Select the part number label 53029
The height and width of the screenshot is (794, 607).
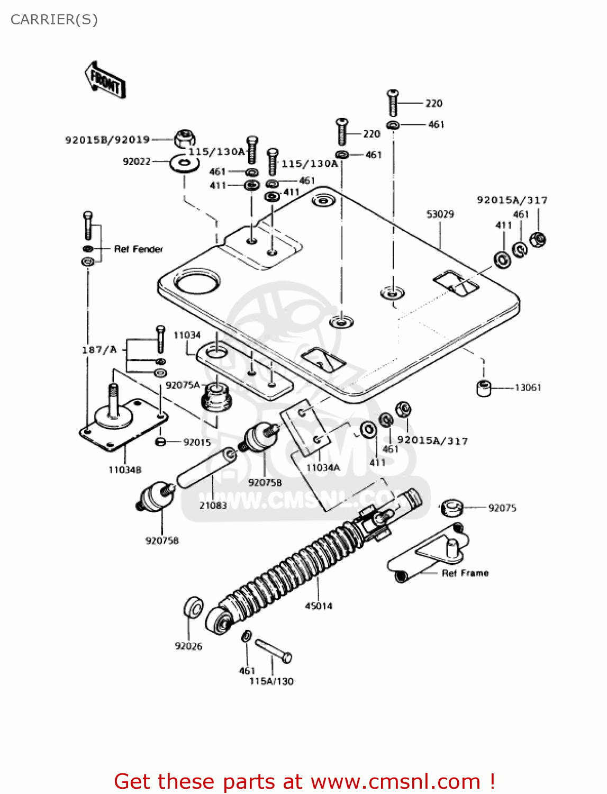coord(440,214)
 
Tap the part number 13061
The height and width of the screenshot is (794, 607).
coord(528,387)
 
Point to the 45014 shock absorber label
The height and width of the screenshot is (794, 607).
coord(319,606)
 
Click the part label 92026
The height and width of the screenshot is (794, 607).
coord(188,646)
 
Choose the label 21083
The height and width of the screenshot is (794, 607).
coord(213,506)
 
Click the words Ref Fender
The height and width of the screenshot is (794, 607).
coord(139,249)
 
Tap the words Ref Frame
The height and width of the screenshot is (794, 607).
coord(465,573)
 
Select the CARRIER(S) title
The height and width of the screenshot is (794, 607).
coord(54,20)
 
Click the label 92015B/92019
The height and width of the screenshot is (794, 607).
coord(107,140)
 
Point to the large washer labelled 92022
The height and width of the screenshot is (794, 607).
coord(185,164)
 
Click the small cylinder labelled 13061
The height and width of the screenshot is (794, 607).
coord(483,388)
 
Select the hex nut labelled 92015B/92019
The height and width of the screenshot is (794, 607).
coord(183,139)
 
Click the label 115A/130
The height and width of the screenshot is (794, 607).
coord(271,681)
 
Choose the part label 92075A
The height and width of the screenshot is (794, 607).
coord(183,385)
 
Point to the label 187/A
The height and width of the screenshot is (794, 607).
coord(99,350)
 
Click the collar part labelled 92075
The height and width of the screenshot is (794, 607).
coord(451,507)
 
